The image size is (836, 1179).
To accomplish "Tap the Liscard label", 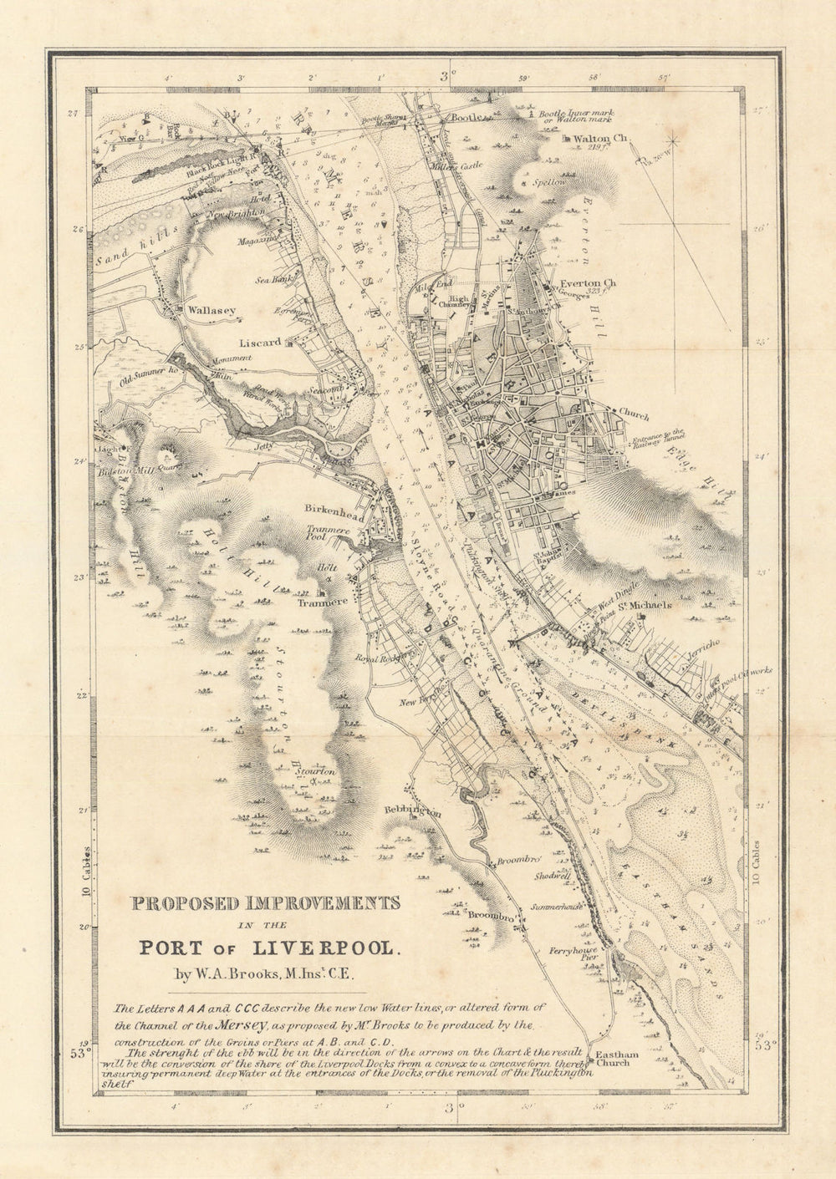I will click(x=259, y=343).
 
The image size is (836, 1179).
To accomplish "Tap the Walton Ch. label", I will click(x=600, y=139).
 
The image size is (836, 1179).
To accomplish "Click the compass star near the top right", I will click(x=674, y=140).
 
